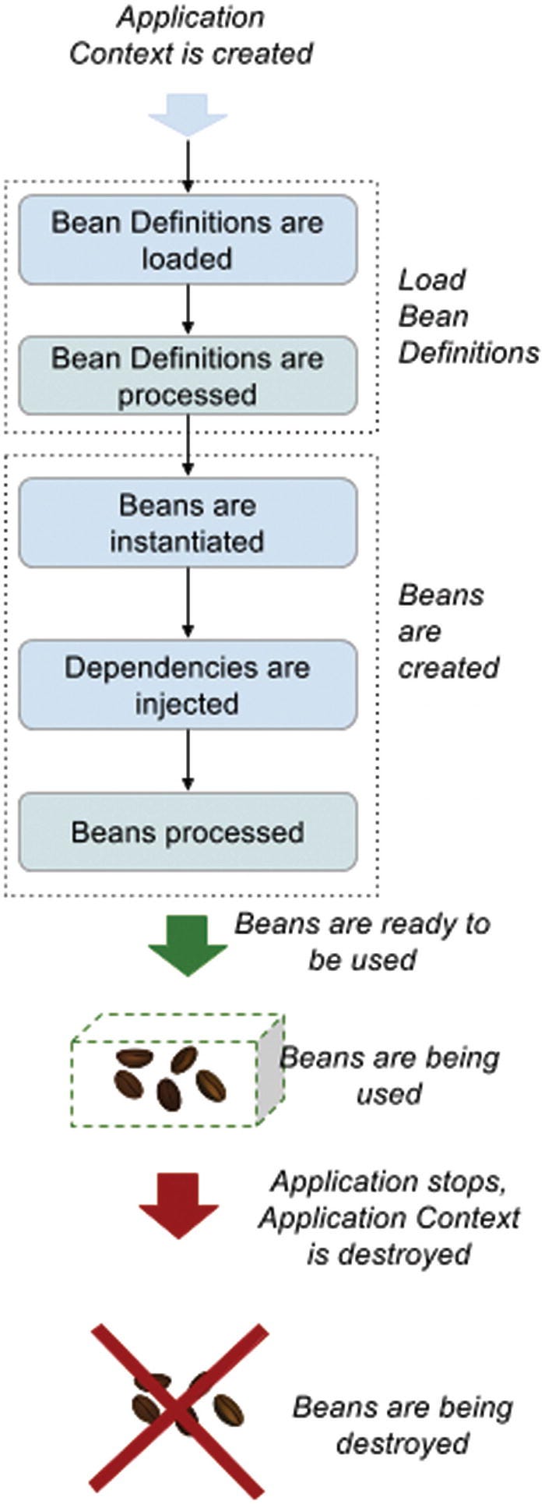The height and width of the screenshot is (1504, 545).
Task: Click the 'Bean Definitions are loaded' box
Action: [188, 240]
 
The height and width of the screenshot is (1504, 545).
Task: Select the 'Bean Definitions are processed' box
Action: [188, 376]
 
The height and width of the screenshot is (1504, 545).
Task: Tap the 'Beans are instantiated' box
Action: [188, 523]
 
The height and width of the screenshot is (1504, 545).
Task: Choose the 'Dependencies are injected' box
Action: [188, 685]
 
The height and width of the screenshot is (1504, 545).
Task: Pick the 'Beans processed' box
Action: [188, 832]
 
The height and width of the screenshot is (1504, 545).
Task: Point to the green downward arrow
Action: [188, 946]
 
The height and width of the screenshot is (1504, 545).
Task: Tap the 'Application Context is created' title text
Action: [191, 36]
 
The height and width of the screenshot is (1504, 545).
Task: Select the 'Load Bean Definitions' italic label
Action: [467, 316]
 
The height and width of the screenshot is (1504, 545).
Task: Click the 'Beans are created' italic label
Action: [448, 631]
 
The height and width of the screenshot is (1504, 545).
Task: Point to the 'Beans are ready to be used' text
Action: [363, 941]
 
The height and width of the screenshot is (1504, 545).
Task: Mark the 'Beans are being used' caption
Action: [389, 1075]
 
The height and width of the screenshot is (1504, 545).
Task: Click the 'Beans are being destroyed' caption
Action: [403, 1403]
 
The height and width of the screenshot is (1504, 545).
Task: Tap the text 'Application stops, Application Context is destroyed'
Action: [389, 1217]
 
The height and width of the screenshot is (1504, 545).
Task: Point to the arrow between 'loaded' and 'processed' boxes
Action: [188, 310]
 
